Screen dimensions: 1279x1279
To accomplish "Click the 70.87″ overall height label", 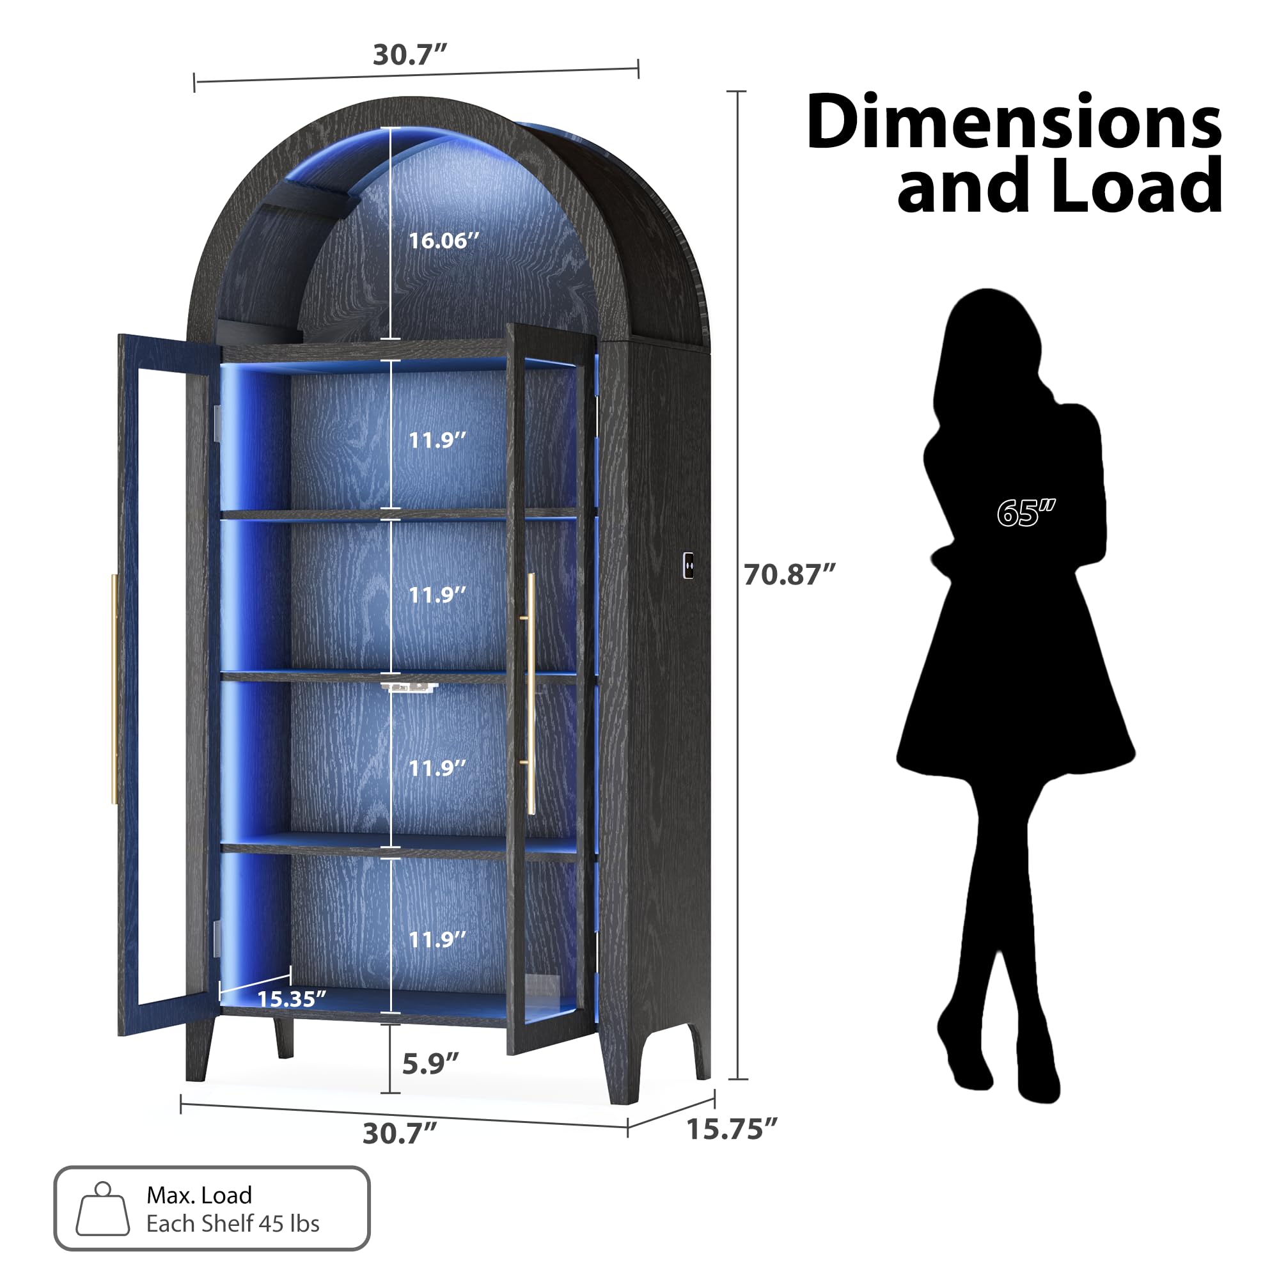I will click(789, 575).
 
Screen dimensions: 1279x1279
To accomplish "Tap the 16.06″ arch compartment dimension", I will click(443, 240).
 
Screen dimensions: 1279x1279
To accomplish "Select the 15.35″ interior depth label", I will click(291, 998).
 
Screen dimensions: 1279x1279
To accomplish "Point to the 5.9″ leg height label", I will click(430, 1064).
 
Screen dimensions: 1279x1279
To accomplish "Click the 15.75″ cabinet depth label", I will click(732, 1129).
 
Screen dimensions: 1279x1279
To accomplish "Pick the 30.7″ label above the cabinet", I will click(410, 55).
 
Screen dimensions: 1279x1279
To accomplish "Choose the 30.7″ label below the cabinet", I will click(399, 1133).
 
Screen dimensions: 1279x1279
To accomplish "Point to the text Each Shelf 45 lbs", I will click(233, 1224).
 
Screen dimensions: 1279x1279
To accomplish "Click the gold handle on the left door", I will click(114, 689).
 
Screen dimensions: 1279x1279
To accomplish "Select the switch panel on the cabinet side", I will click(689, 566).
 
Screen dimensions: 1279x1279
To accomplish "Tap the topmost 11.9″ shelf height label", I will click(437, 440).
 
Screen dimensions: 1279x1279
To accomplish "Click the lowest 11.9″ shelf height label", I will click(437, 939).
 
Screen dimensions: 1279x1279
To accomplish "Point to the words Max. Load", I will click(200, 1195).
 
